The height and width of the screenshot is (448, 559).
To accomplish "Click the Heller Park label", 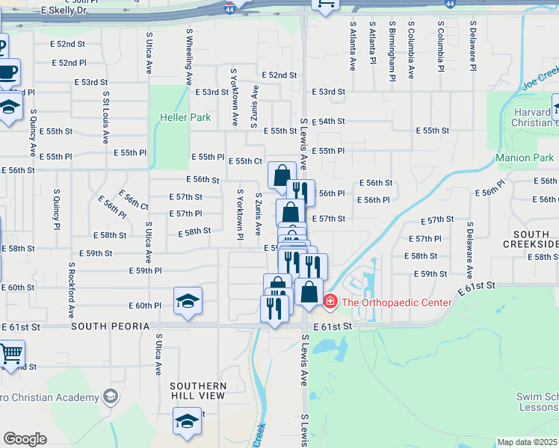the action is [x=185, y=117].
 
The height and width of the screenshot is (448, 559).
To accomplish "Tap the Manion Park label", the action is [x=525, y=158].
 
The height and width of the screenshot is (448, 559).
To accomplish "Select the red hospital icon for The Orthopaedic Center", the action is [x=330, y=302].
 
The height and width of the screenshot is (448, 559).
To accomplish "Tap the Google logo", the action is [x=25, y=439].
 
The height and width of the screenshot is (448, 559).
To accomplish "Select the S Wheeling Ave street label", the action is [x=190, y=57].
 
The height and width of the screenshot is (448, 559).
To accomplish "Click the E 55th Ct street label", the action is [x=245, y=161].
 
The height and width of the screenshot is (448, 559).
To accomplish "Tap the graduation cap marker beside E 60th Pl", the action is [x=188, y=301].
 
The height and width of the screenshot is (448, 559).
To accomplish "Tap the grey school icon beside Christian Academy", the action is [x=111, y=395].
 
